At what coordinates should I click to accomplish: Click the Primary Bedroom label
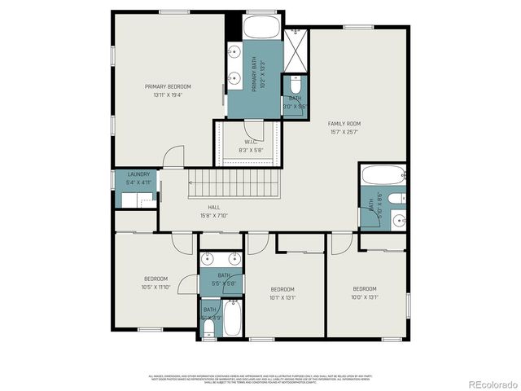coord(168,90)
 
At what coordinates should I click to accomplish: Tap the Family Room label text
coord(344,127)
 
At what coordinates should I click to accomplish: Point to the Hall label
coord(213,212)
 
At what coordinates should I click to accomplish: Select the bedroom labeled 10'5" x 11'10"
coord(155,283)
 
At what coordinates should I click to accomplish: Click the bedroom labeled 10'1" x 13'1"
coord(282,294)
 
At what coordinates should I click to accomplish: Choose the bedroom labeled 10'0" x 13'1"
coord(365,293)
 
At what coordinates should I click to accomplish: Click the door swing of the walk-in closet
coord(255,131)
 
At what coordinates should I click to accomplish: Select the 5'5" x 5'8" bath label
coord(223,279)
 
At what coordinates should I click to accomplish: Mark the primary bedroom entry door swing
coord(172,157)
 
